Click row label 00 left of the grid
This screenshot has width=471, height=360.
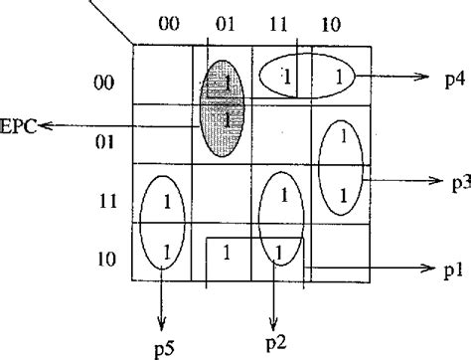click(103, 85)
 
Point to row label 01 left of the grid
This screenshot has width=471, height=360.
click(103, 142)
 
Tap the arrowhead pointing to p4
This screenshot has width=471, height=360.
click(415, 75)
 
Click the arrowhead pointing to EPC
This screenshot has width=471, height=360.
click(44, 125)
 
